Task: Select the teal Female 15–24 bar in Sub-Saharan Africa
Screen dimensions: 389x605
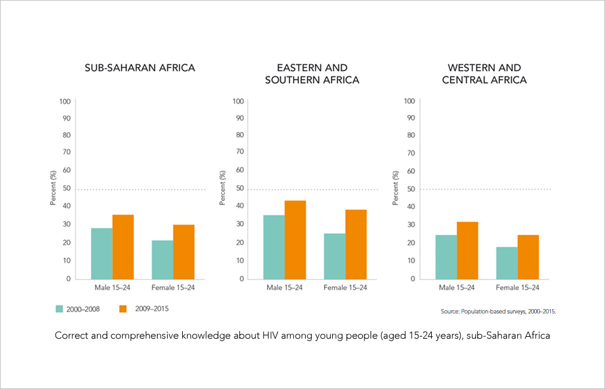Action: pyautogui.click(x=162, y=259)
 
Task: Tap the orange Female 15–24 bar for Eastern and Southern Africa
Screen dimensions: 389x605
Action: pyautogui.click(x=355, y=244)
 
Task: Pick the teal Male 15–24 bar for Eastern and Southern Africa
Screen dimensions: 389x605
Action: pyautogui.click(x=274, y=247)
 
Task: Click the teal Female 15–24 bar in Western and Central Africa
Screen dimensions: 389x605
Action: pyautogui.click(x=507, y=262)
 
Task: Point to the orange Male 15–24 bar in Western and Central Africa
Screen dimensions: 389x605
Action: pyautogui.click(x=468, y=250)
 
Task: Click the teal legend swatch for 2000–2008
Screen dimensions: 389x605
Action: pyautogui.click(x=59, y=309)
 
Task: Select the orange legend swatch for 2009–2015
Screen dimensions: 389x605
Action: pyautogui.click(x=124, y=309)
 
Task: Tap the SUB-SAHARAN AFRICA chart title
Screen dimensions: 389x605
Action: pyautogui.click(x=140, y=68)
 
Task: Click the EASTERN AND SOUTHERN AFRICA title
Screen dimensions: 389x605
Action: pyautogui.click(x=312, y=74)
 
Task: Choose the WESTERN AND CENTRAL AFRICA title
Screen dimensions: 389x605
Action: pyautogui.click(x=484, y=74)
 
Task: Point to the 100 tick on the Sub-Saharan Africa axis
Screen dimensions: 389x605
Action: pyautogui.click(x=64, y=101)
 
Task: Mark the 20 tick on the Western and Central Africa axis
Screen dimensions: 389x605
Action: pyautogui.click(x=410, y=242)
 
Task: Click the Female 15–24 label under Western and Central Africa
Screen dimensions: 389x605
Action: pyautogui.click(x=517, y=288)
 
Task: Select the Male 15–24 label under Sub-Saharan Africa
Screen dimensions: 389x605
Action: pyautogui.click(x=112, y=288)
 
